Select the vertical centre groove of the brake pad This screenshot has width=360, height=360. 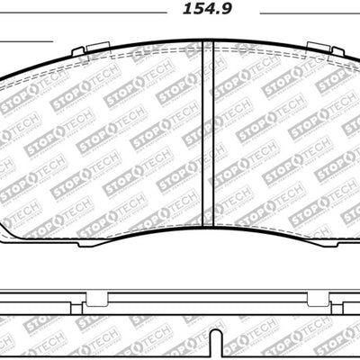[x=206, y=135]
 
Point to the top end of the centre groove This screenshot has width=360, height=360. [x=206, y=44]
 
